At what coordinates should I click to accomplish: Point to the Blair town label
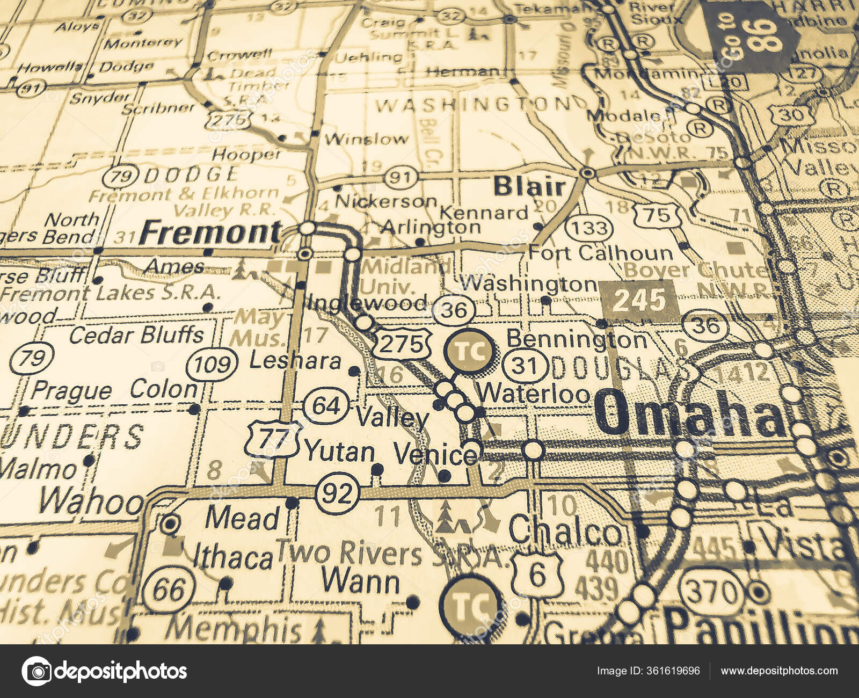pos(529,187)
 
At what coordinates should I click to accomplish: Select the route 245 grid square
pos(639,301)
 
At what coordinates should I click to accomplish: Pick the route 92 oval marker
pos(337,493)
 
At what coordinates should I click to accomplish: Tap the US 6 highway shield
pos(537,575)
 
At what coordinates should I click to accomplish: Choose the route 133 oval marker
pos(589,228)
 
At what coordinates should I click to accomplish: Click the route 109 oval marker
pos(212,365)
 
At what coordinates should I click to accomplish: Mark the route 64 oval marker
pos(326,405)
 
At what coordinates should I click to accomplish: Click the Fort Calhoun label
pos(600,253)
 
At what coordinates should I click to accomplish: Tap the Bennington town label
pos(577,339)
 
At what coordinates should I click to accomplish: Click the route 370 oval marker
pos(713,592)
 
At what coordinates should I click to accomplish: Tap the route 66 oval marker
pos(169,589)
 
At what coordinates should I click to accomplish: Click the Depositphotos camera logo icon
pos(37,671)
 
